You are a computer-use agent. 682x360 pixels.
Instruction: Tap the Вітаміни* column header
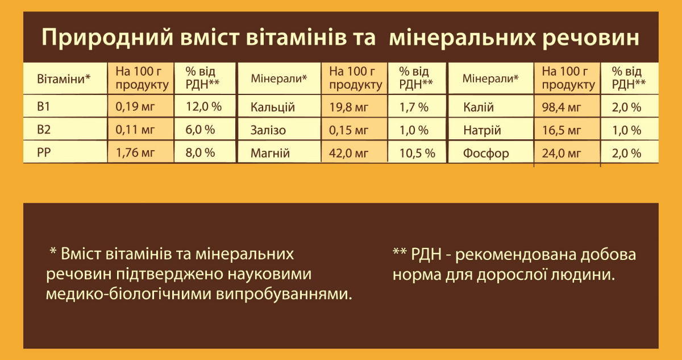point(64,78)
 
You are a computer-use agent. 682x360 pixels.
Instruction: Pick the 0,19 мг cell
point(135,107)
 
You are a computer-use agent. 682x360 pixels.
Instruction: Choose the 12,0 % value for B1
point(203,107)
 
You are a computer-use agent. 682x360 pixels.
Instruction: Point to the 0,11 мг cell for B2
point(135,130)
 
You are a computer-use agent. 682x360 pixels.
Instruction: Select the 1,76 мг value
point(135,153)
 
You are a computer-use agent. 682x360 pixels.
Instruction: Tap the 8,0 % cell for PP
point(201,153)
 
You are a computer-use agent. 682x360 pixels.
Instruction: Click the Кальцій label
point(273,107)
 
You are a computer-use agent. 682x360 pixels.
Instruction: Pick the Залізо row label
point(268,130)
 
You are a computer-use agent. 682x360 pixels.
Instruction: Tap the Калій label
point(479,107)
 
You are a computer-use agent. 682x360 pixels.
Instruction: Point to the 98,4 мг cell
point(562,107)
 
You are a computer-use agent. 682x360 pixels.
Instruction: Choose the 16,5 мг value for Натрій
point(562,130)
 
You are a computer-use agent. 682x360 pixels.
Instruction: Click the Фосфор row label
point(486,154)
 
